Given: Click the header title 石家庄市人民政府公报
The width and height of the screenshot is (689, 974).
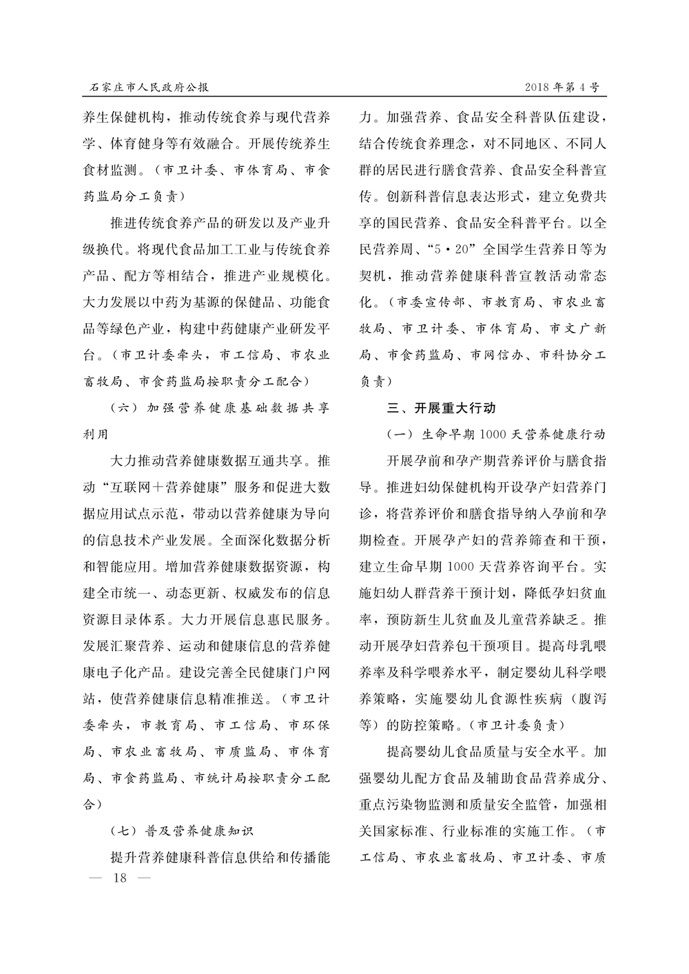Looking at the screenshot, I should click(x=150, y=87).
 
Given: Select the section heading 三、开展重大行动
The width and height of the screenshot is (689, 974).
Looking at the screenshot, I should click(x=441, y=408).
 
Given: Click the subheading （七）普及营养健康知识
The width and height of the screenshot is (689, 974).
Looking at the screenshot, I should click(x=183, y=830).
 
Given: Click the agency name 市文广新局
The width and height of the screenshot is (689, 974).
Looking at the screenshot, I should click(x=578, y=329).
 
